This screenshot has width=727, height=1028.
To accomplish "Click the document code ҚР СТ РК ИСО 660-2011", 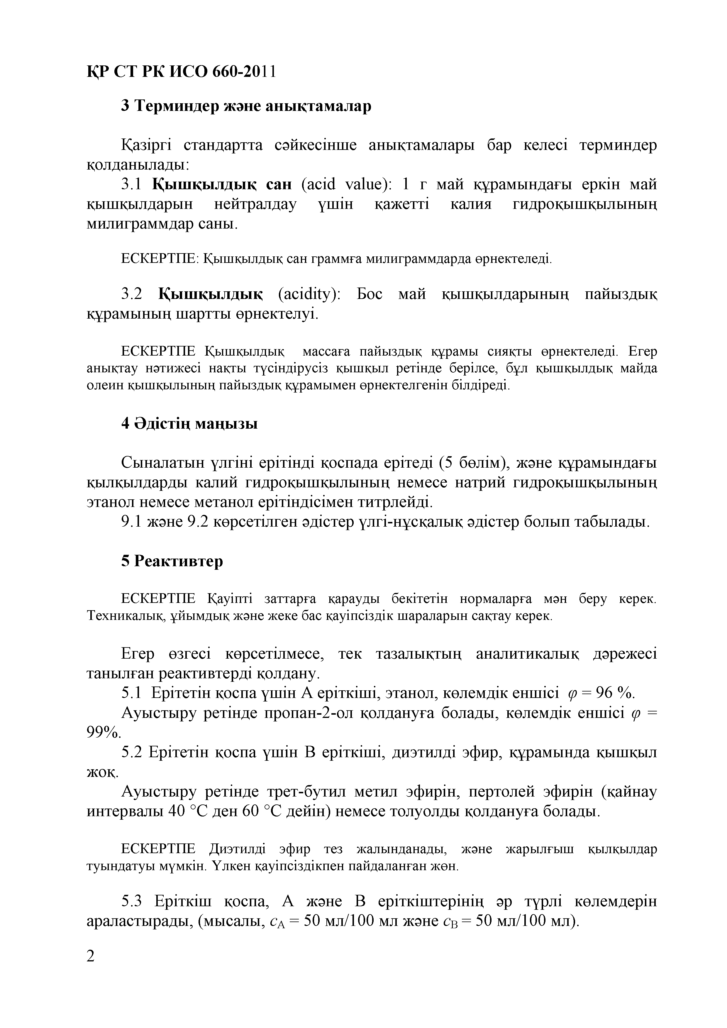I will [181, 72].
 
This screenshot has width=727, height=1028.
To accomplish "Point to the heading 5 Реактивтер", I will [172, 561].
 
